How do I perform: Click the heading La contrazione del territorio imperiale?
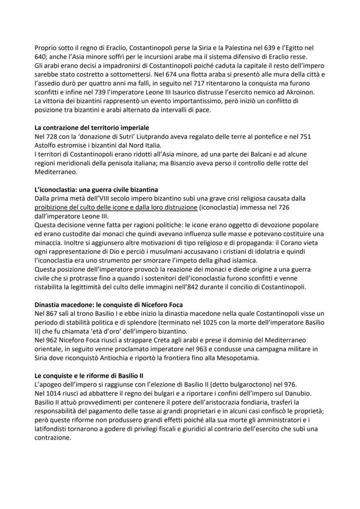coord(92,128)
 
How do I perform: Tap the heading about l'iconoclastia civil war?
coord(96,190)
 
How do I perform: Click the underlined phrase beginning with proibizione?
coord(116,208)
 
